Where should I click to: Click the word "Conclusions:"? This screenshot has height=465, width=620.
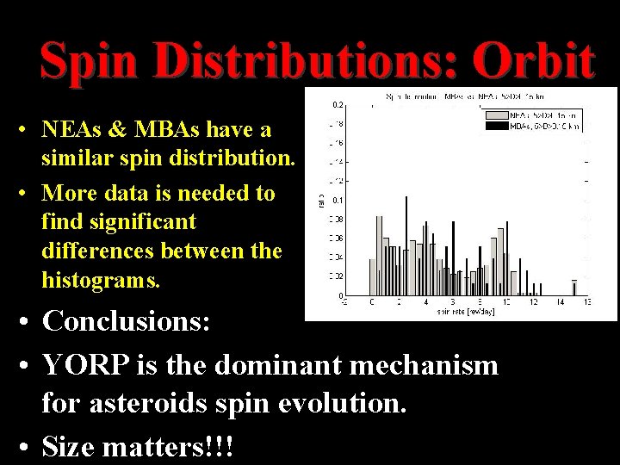coord(133,323)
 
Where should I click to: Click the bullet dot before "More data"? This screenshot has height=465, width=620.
coord(28,192)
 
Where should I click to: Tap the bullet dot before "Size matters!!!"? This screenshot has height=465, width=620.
coord(28,449)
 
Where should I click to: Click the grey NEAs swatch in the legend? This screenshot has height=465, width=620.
coord(497,114)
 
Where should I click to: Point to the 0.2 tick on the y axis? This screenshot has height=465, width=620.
coord(338,104)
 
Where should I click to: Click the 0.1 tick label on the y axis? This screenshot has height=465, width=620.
coord(338,200)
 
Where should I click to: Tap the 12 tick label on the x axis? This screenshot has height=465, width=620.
coord(533,303)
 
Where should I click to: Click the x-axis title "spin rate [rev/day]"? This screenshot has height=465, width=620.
coord(464,312)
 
